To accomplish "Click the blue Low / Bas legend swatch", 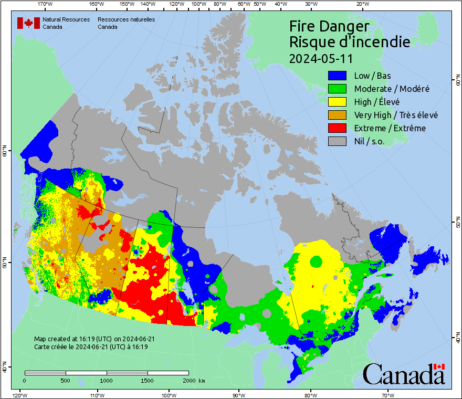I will click(x=338, y=76).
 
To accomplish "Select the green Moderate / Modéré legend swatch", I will click(x=338, y=89).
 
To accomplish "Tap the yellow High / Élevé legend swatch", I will click(x=338, y=102).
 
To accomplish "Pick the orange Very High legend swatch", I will click(x=338, y=115).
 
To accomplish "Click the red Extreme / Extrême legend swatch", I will click(x=338, y=128).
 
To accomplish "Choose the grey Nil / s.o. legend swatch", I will click(x=338, y=141).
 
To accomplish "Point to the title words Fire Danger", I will click(x=329, y=26).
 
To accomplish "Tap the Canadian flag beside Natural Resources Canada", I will click(x=28, y=23).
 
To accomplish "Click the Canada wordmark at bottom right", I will click(x=404, y=374).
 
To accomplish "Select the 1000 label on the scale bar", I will click(x=107, y=380).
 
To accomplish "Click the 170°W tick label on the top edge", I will click(x=45, y=4).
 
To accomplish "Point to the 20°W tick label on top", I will click(x=361, y=4).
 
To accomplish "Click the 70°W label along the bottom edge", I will click(x=388, y=395).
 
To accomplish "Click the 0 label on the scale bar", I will click(x=25, y=380).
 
